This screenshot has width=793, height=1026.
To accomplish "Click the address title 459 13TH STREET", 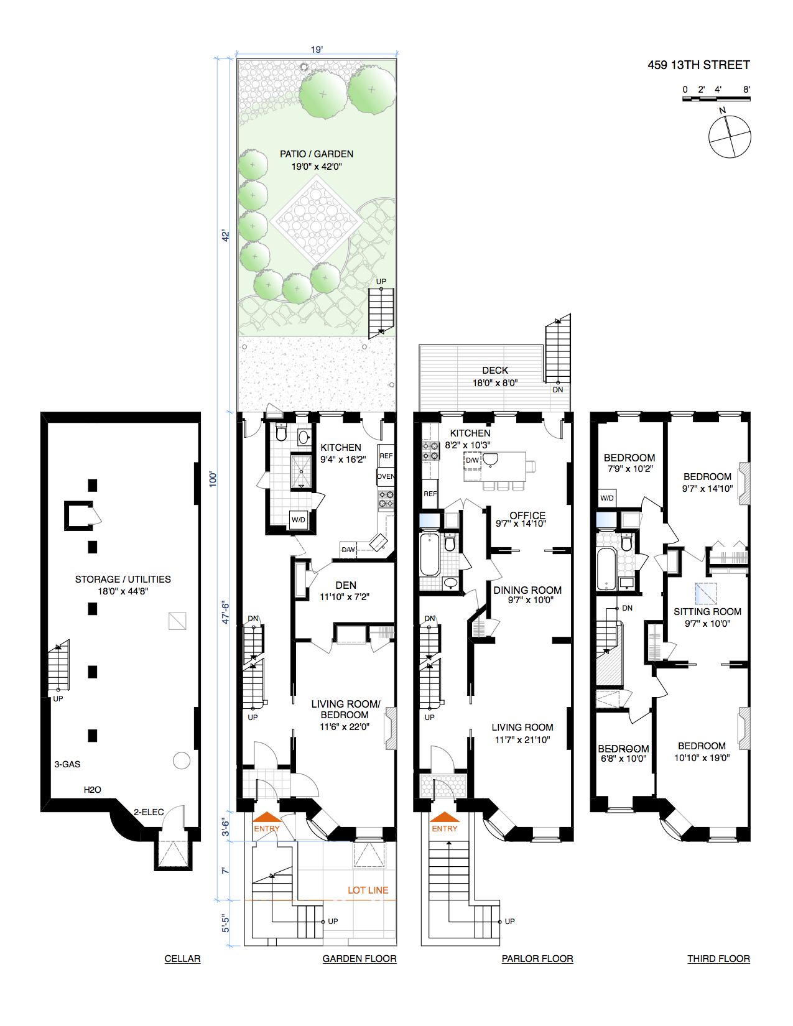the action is pos(698,65).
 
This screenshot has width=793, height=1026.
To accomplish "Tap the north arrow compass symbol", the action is pos(730,136).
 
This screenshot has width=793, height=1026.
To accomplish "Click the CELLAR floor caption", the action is pos(182,959).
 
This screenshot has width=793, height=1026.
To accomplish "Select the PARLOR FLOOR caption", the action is pos(537,959).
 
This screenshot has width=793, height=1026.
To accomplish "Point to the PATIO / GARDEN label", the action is pos(317,154).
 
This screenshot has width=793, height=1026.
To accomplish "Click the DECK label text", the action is pos(495,371).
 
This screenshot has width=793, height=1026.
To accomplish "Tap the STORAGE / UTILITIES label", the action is pos(123,580).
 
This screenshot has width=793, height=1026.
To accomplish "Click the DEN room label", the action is pos(346,586).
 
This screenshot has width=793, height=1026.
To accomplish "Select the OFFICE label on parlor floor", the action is pos(527,515).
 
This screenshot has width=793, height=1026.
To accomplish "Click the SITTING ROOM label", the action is pos(707,612).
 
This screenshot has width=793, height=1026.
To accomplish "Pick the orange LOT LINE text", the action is pos(368,890).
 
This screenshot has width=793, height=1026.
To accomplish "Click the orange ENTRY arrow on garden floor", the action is pos(267,817).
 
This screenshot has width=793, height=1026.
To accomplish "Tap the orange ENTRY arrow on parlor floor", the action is pos(445,817).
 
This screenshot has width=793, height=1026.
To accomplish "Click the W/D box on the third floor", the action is pos(607,498).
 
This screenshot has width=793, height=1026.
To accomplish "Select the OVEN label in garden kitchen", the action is pos(386,477).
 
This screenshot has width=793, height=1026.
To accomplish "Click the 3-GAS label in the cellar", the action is pos(67,764).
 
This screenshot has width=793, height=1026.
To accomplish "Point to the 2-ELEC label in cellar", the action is pos(149,812).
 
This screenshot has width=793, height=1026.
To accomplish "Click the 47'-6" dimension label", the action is pos(226,612).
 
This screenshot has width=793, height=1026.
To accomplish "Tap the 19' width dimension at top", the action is pos(317,50).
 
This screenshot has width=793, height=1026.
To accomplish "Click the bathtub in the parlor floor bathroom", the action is pos(429,553).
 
